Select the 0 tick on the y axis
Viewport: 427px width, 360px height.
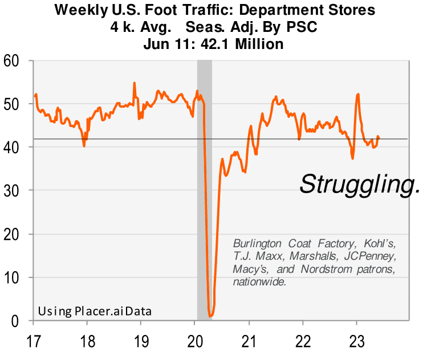click(x=21, y=321)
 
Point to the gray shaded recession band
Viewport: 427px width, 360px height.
click(x=204, y=171)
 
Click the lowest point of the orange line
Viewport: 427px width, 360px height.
click(x=211, y=316)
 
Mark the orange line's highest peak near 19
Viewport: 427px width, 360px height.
click(x=135, y=83)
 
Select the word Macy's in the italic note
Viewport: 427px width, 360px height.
click(x=249, y=268)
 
